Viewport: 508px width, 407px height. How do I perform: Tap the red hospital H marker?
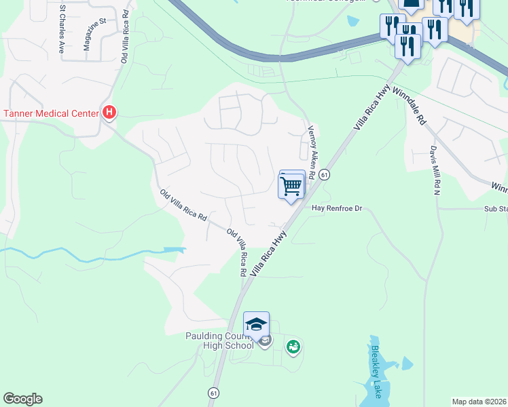[109, 113]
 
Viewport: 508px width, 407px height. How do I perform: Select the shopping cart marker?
[291, 185]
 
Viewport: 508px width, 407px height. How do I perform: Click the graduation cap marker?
[256, 325]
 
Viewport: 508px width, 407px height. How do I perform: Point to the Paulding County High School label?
[219, 341]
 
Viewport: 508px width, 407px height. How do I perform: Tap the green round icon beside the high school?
[293, 347]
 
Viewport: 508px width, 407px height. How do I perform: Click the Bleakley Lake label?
[377, 371]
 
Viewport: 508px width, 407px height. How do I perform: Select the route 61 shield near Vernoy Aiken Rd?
[325, 175]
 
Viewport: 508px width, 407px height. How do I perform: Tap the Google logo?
[22, 399]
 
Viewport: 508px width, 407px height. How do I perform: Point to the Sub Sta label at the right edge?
[495, 210]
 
